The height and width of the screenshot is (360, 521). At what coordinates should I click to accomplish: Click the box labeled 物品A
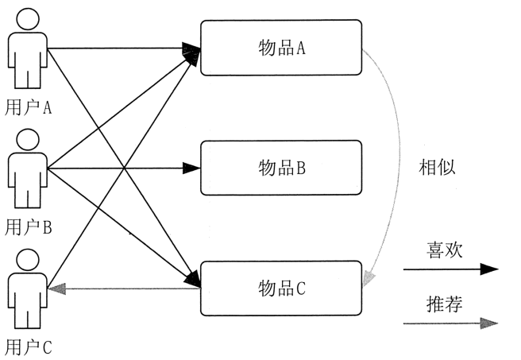[x=281, y=48]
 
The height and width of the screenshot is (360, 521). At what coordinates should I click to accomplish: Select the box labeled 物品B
[x=281, y=168]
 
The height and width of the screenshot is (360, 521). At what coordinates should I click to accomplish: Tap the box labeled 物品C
[x=281, y=288]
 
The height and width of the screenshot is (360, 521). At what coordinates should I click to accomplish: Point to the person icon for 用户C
[x=29, y=289]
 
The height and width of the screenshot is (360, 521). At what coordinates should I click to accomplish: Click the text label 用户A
[x=29, y=106]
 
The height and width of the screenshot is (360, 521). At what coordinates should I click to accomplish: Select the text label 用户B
[x=29, y=227]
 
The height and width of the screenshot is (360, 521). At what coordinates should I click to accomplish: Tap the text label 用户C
[x=29, y=346]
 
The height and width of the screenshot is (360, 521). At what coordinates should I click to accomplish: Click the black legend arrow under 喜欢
[x=450, y=269]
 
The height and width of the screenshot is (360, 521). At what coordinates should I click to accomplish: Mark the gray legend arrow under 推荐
[x=450, y=323]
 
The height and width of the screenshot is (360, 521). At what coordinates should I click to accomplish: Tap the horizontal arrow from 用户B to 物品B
[x=119, y=168]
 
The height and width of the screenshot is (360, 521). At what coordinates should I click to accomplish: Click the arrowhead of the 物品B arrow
[x=192, y=168]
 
